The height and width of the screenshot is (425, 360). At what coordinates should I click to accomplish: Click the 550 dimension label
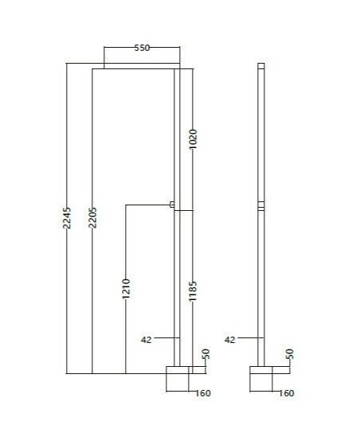(142, 48)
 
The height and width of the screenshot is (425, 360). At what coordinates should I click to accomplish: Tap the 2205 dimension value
(92, 217)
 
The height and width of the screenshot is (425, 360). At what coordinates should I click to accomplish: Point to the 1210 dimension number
(126, 289)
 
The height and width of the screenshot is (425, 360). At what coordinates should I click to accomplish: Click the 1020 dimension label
(193, 139)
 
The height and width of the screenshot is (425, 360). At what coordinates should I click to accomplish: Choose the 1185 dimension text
(193, 291)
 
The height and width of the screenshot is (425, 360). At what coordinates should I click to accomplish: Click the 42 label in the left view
(147, 340)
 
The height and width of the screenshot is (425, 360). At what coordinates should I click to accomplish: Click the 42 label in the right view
(230, 340)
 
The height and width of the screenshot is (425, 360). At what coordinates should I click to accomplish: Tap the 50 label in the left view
(206, 354)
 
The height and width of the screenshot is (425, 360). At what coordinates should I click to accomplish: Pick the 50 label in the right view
(290, 354)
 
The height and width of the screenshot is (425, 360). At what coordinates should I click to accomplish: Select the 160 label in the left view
(203, 393)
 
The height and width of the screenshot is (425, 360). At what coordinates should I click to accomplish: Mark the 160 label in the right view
(287, 393)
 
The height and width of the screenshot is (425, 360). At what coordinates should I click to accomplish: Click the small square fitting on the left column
(172, 205)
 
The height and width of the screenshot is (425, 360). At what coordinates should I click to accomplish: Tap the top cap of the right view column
(261, 66)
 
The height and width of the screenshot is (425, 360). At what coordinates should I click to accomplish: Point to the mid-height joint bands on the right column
(261, 206)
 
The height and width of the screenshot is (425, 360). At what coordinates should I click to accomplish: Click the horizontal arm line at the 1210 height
(148, 205)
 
